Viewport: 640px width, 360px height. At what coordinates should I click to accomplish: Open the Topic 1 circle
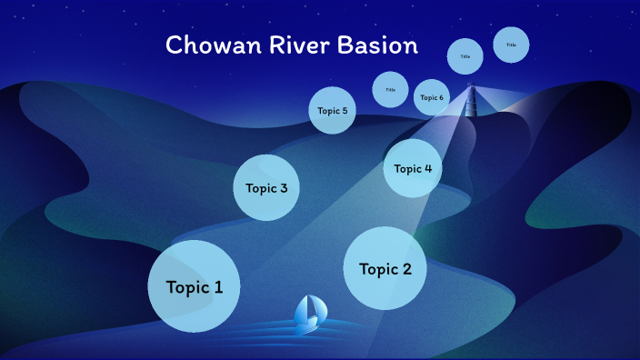[x=194, y=286]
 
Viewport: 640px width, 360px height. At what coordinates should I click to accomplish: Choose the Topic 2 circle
[x=385, y=268]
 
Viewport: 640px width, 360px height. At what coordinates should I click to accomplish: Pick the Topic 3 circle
[x=266, y=188]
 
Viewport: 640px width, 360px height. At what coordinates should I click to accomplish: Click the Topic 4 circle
[x=413, y=168]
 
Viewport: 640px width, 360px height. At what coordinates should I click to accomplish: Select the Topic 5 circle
[x=331, y=111]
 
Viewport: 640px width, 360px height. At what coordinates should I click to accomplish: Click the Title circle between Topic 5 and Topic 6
[x=390, y=89]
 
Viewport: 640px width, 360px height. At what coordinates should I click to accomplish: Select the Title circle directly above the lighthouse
[x=465, y=56]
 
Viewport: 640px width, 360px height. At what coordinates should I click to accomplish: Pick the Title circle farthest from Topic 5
[x=511, y=45]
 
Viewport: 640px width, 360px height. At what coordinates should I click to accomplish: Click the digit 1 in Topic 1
[x=218, y=287]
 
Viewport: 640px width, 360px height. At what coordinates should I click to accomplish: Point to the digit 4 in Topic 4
[x=428, y=168]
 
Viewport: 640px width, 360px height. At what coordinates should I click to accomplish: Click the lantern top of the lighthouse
[x=471, y=87]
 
